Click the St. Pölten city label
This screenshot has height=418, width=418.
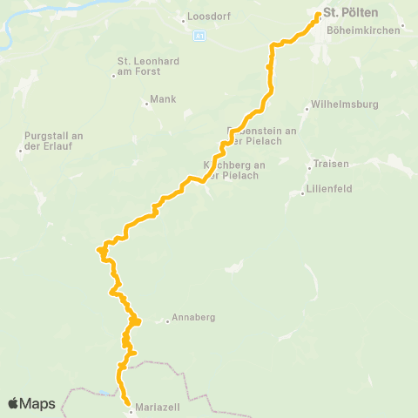pos(343,12)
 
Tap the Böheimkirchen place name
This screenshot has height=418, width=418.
pos(362,30)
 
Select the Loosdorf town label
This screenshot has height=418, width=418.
pos(206,17)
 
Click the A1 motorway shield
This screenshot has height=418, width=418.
pos(199,37)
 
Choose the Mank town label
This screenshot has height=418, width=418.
pos(164,99)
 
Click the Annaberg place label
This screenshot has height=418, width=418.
pos(193,317)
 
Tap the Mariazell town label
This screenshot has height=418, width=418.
pos(156,405)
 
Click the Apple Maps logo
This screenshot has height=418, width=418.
pos(31,403)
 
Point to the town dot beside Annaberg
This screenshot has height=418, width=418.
pos(167,321)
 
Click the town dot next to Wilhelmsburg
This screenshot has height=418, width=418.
pos(307,109)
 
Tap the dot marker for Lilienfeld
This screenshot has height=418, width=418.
pos(302,193)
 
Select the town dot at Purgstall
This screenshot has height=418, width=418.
pos(20,151)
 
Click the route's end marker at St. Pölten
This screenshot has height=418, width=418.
pos(318,15)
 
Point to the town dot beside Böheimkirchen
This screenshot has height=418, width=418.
pos(402,26)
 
